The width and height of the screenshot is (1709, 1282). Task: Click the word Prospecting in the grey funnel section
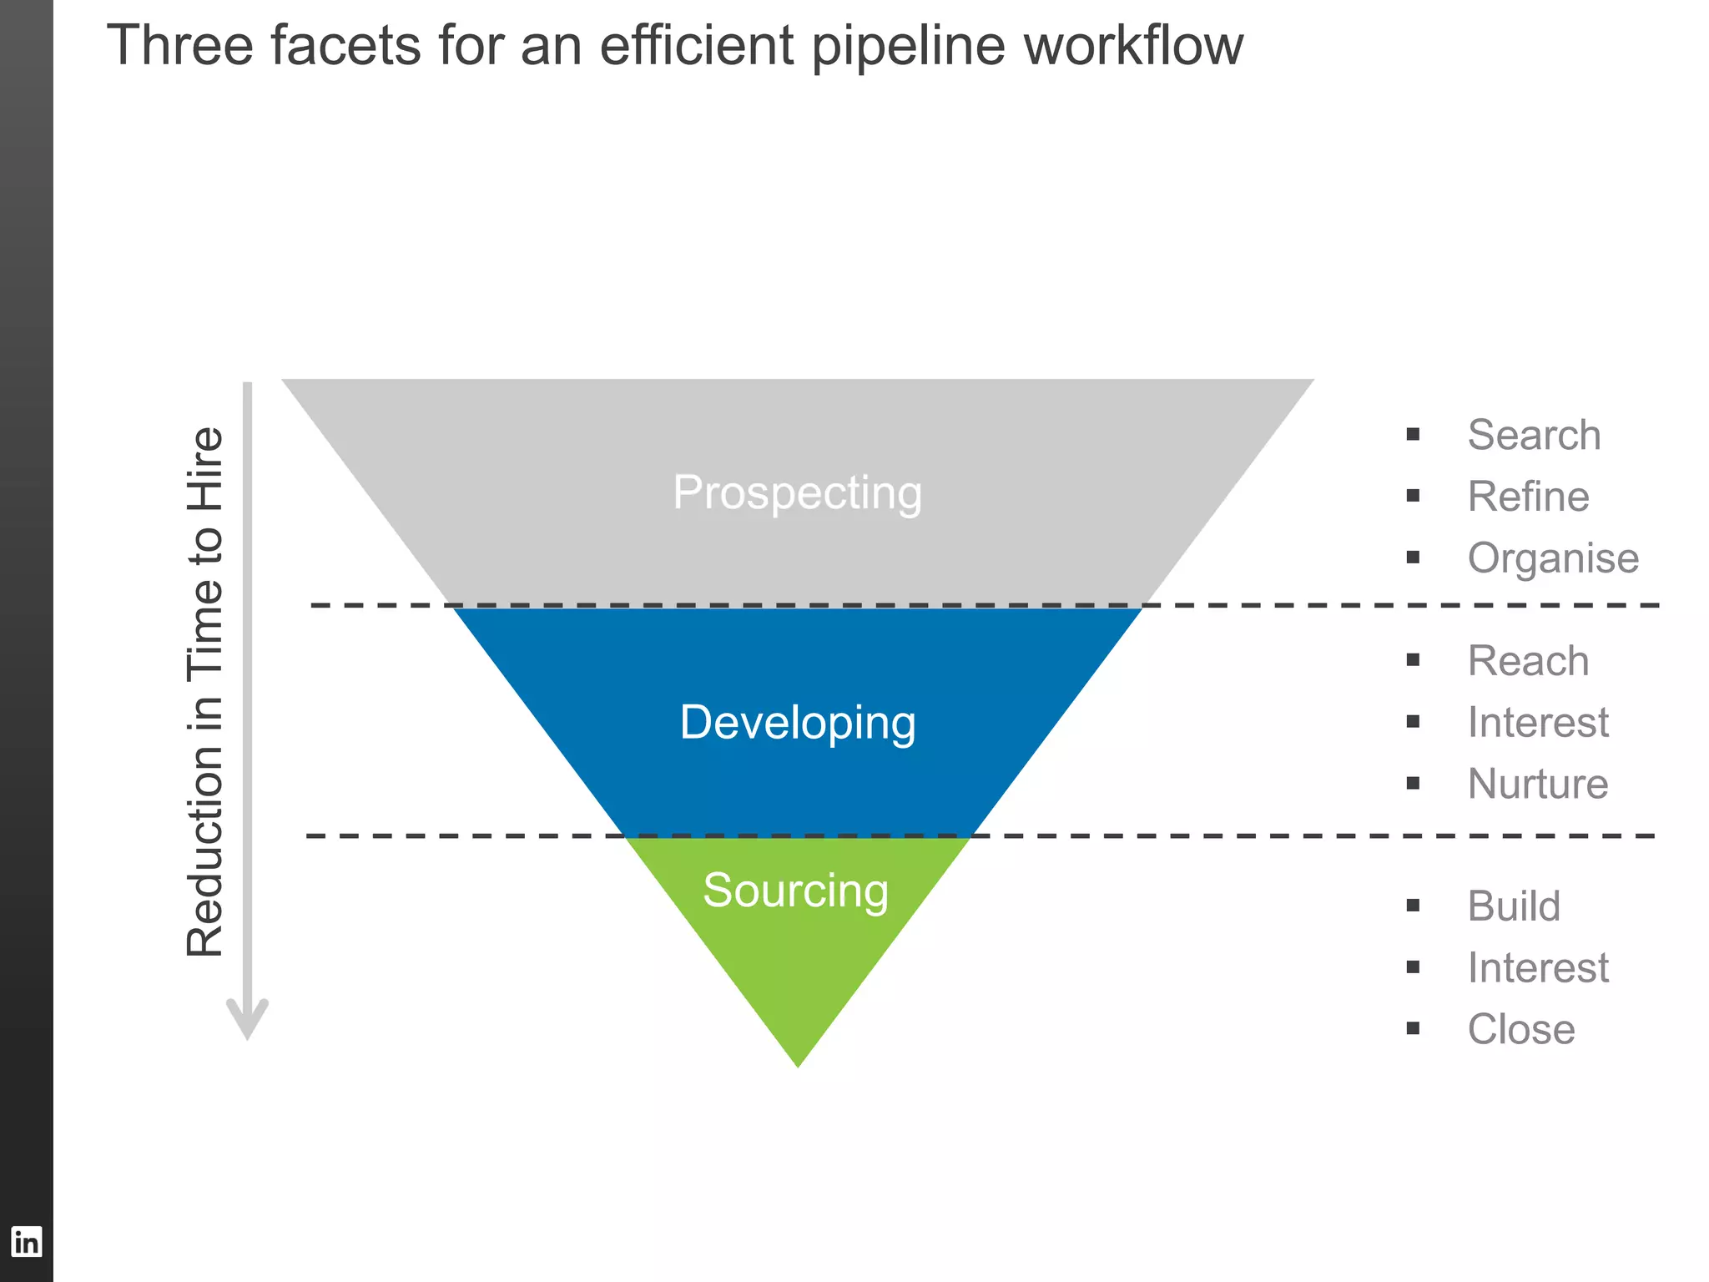(x=797, y=492)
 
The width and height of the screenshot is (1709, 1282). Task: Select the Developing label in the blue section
(x=797, y=723)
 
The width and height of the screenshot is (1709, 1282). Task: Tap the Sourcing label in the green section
(x=795, y=891)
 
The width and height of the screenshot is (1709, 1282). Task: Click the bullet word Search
(x=1534, y=435)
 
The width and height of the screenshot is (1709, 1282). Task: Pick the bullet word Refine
(x=1528, y=497)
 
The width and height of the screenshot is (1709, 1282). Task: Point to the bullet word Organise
(x=1553, y=558)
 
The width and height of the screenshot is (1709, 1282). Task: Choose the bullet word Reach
(x=1528, y=661)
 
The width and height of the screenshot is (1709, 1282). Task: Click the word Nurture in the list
(x=1538, y=784)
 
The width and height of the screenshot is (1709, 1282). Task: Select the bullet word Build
(x=1514, y=906)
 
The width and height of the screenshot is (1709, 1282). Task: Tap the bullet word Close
(x=1521, y=1029)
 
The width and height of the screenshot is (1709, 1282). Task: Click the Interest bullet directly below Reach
(x=1538, y=723)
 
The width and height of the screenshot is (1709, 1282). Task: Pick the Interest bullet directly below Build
(x=1538, y=968)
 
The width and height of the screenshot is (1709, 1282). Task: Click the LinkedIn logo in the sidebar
(x=26, y=1242)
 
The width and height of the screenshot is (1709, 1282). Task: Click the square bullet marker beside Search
(x=1413, y=434)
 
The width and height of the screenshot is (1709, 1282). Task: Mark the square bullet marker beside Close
(x=1413, y=1028)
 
